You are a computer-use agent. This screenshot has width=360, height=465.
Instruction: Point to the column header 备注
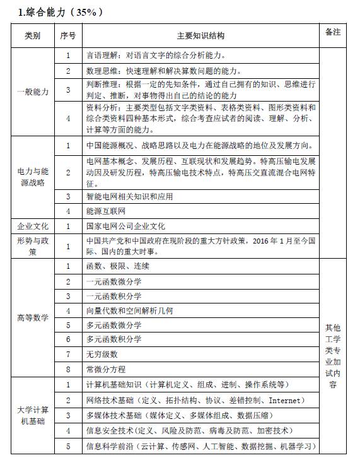(333, 32)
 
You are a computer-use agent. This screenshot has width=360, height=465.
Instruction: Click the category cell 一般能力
(32, 91)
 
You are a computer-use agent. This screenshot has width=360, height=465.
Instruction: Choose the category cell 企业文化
(32, 225)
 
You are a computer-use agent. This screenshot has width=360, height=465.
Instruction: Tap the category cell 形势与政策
(32, 245)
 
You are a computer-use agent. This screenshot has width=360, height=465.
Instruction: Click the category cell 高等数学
(32, 317)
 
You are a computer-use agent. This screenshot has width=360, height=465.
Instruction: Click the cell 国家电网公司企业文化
(125, 225)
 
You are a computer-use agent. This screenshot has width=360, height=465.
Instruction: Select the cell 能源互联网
(106, 211)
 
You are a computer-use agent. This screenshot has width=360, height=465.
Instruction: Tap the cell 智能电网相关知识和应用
(129, 196)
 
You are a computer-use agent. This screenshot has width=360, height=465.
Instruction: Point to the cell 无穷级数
(102, 354)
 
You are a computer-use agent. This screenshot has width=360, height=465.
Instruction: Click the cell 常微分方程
(106, 368)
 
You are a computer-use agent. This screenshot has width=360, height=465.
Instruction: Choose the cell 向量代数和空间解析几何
(129, 310)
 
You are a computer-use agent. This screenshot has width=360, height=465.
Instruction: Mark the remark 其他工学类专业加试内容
(333, 355)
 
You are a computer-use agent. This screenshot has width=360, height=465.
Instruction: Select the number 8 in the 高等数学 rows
(68, 368)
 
